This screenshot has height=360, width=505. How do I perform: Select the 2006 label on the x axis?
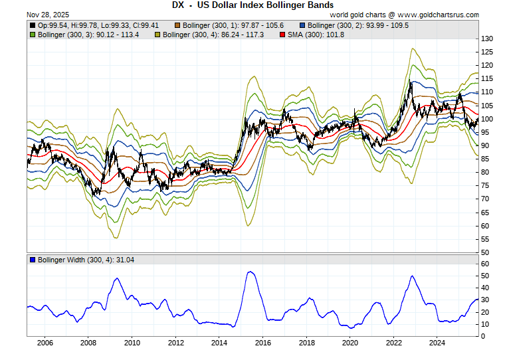coord(45,343)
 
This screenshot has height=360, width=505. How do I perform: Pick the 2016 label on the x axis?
coord(263,343)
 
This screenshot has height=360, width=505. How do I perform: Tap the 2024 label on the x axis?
coord(437,343)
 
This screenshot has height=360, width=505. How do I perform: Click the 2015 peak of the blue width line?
coord(249,271)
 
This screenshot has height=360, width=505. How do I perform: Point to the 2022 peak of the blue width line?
coord(413,276)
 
